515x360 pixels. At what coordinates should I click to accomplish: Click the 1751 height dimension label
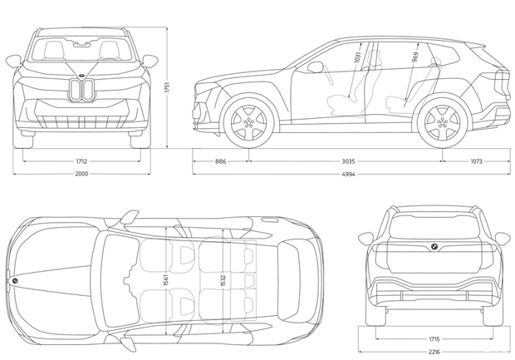[167, 88]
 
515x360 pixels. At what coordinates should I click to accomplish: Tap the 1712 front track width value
[81, 161]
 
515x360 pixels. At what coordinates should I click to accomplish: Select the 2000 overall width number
[81, 174]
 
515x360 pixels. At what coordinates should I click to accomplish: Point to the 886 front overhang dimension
[221, 161]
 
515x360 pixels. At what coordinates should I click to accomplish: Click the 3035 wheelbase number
[349, 161]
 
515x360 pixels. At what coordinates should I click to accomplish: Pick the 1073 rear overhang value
[476, 161]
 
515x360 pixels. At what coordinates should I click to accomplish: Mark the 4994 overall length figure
[349, 174]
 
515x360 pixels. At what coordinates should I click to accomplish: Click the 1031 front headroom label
[358, 57]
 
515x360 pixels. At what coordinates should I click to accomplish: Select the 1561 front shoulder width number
[166, 280]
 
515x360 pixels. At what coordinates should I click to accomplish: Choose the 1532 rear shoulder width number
[223, 280]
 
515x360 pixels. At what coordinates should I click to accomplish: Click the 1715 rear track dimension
[434, 339]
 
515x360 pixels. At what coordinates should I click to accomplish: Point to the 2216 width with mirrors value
[434, 352]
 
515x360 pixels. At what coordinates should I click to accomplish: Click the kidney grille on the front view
[81, 90]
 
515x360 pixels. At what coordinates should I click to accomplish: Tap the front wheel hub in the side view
[248, 122]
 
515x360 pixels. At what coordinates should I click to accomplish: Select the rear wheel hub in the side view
[443, 122]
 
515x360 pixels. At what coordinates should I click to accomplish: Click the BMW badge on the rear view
[434, 247]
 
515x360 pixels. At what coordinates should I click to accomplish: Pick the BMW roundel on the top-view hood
[14, 281]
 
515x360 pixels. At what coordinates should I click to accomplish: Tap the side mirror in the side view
[316, 67]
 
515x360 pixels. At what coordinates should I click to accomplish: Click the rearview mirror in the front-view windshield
[81, 44]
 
